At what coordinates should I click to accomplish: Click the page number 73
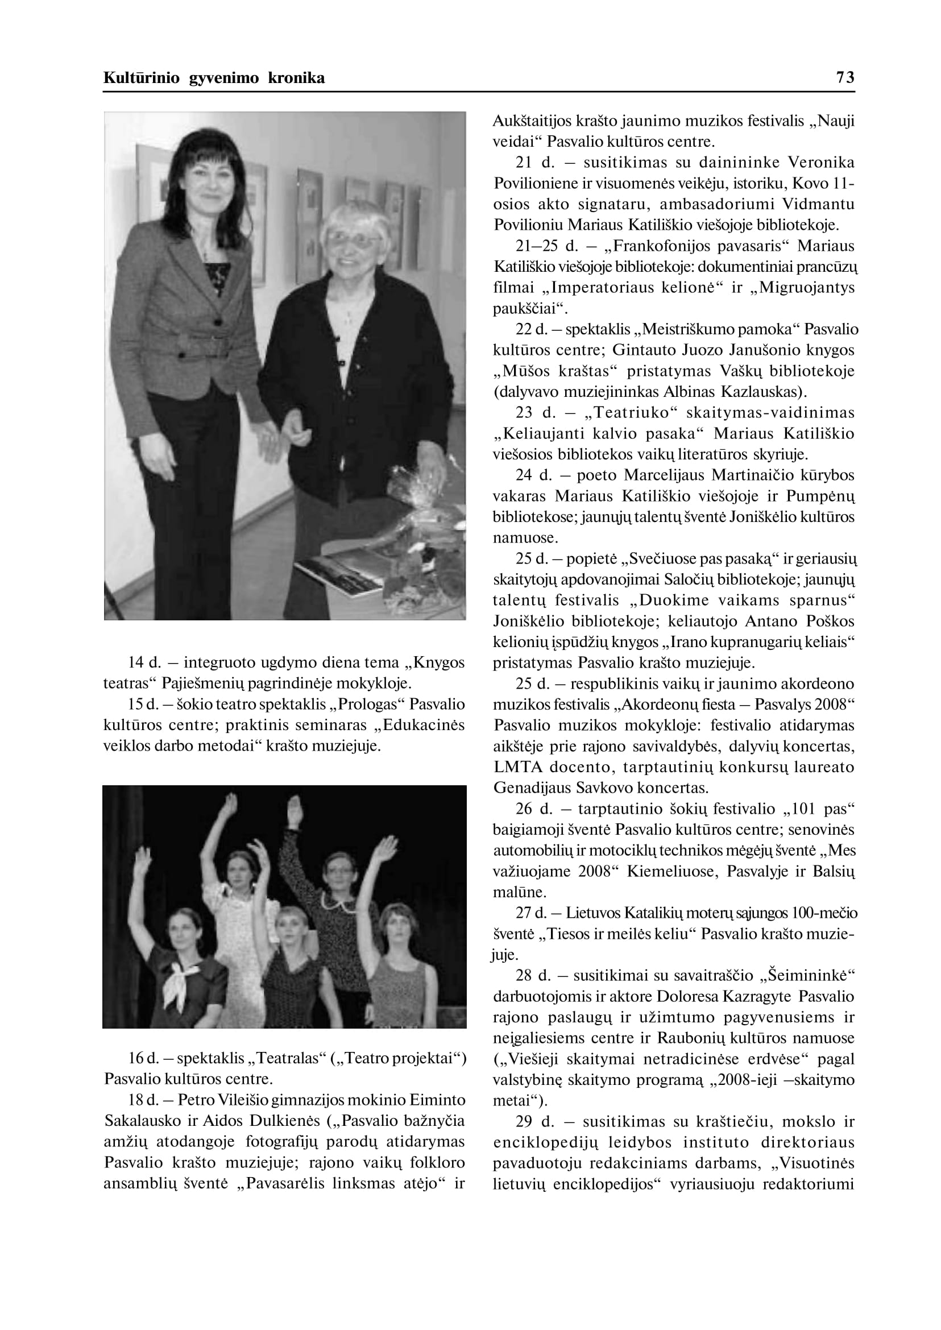pos(845,78)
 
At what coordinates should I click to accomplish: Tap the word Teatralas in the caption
pos(287,1058)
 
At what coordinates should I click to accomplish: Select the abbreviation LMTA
pos(518,767)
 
